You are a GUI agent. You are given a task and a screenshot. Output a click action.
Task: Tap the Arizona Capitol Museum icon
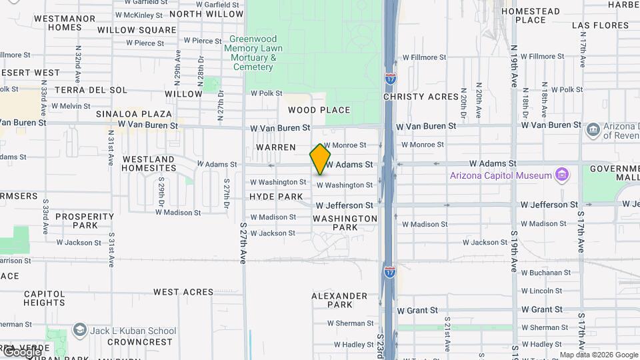point(562,175)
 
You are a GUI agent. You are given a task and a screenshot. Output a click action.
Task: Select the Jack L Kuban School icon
point(80,331)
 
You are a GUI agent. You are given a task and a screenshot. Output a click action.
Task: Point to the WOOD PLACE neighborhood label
point(319,110)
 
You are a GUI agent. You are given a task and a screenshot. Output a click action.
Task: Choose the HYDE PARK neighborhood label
point(276,197)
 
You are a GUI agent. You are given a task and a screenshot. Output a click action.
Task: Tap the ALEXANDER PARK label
point(340,300)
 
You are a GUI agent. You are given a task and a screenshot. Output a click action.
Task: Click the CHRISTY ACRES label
point(421,97)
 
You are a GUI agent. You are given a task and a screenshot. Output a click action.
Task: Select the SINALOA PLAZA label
point(134,114)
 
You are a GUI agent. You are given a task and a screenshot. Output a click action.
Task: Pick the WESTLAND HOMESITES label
point(149,164)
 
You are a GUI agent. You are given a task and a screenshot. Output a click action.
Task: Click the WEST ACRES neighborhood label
point(183,292)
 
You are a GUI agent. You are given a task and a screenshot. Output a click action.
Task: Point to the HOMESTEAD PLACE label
point(531,15)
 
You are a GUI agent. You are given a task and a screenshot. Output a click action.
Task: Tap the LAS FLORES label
point(600,25)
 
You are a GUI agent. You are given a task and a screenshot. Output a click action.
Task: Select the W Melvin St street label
point(71,106)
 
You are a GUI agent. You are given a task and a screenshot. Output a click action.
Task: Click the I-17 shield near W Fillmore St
point(391,79)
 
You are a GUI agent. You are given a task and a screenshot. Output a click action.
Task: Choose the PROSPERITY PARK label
point(85,221)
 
